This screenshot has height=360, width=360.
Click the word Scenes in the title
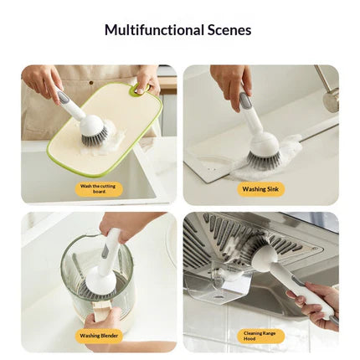(x=229, y=30)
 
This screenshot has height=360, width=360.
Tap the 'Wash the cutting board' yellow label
(x=98, y=188)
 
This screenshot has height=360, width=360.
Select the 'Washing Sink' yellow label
(x=260, y=189)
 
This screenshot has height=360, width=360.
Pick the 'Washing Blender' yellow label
(x=99, y=336)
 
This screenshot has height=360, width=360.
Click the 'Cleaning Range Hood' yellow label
(x=260, y=336)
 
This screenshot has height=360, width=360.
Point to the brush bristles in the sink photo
(x=262, y=159)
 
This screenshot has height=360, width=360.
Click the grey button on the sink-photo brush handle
(x=244, y=101)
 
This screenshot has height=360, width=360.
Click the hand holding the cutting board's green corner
(x=147, y=79)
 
